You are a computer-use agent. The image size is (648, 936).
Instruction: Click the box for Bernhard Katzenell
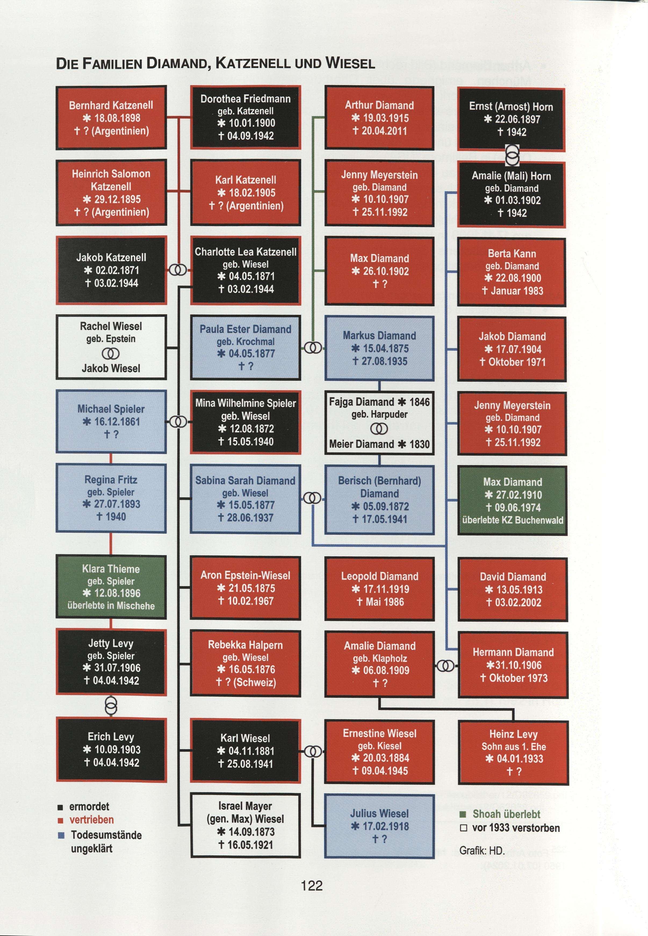[111, 118]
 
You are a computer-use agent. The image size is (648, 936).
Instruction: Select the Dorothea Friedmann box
[245, 117]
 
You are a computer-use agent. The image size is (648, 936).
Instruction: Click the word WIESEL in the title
[350, 63]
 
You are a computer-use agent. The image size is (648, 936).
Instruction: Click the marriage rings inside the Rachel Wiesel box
[111, 354]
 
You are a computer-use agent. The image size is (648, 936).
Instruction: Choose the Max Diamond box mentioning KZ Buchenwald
[512, 501]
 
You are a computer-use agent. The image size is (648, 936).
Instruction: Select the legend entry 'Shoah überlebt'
[506, 814]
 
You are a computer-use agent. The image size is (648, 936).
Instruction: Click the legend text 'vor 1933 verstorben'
[516, 828]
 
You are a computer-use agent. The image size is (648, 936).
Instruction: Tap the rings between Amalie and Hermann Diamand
[446, 666]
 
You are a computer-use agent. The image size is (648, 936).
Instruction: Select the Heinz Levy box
[513, 753]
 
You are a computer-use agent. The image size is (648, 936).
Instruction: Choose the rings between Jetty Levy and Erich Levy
[111, 706]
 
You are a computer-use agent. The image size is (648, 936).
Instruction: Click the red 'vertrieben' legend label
[91, 819]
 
